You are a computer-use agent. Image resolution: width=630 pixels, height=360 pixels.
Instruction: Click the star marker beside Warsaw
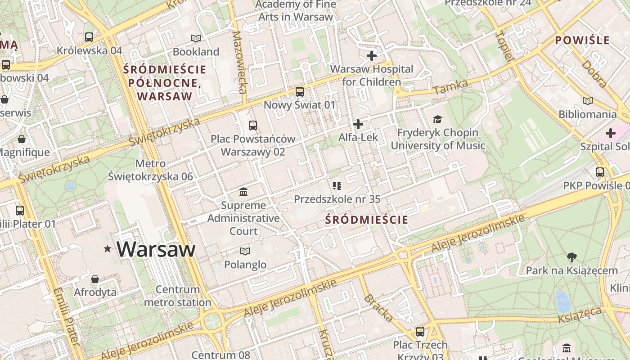point(107,249)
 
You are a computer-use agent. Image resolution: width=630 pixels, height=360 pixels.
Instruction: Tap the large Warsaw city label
point(156,249)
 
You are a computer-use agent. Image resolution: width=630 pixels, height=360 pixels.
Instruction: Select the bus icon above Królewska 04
point(89,37)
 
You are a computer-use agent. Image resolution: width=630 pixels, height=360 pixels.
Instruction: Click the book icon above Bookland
point(196,38)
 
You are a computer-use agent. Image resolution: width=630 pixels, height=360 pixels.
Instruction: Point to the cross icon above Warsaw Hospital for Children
point(372,56)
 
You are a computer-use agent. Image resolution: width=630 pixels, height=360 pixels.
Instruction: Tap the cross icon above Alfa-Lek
point(358,124)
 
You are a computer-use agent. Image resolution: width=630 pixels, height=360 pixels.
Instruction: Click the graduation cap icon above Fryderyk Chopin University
point(437,119)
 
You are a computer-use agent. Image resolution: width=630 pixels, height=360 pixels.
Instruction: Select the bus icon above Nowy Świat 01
point(300,92)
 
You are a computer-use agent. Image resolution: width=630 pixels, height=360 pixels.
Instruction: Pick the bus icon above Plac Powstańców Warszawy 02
point(253,126)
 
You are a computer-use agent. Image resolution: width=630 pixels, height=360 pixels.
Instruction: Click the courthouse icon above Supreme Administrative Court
point(243,192)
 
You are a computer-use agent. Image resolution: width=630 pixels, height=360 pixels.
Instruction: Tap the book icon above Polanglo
point(245,251)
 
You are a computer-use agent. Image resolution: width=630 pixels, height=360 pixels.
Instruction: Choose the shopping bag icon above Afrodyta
point(95,279)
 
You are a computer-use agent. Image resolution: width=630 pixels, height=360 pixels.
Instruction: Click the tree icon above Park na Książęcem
point(572,257)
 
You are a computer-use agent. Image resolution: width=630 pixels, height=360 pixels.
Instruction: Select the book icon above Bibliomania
point(587,101)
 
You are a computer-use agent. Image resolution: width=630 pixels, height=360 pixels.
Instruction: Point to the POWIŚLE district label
point(582,40)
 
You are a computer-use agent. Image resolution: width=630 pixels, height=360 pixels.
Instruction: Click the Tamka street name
point(451,86)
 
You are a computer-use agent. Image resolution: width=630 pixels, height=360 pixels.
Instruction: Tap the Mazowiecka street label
point(240,62)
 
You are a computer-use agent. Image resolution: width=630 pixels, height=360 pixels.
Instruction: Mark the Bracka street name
point(378,308)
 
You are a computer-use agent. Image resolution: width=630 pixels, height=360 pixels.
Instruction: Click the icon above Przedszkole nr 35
point(337,185)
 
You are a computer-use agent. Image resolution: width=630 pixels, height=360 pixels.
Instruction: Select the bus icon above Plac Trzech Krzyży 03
point(420,332)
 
